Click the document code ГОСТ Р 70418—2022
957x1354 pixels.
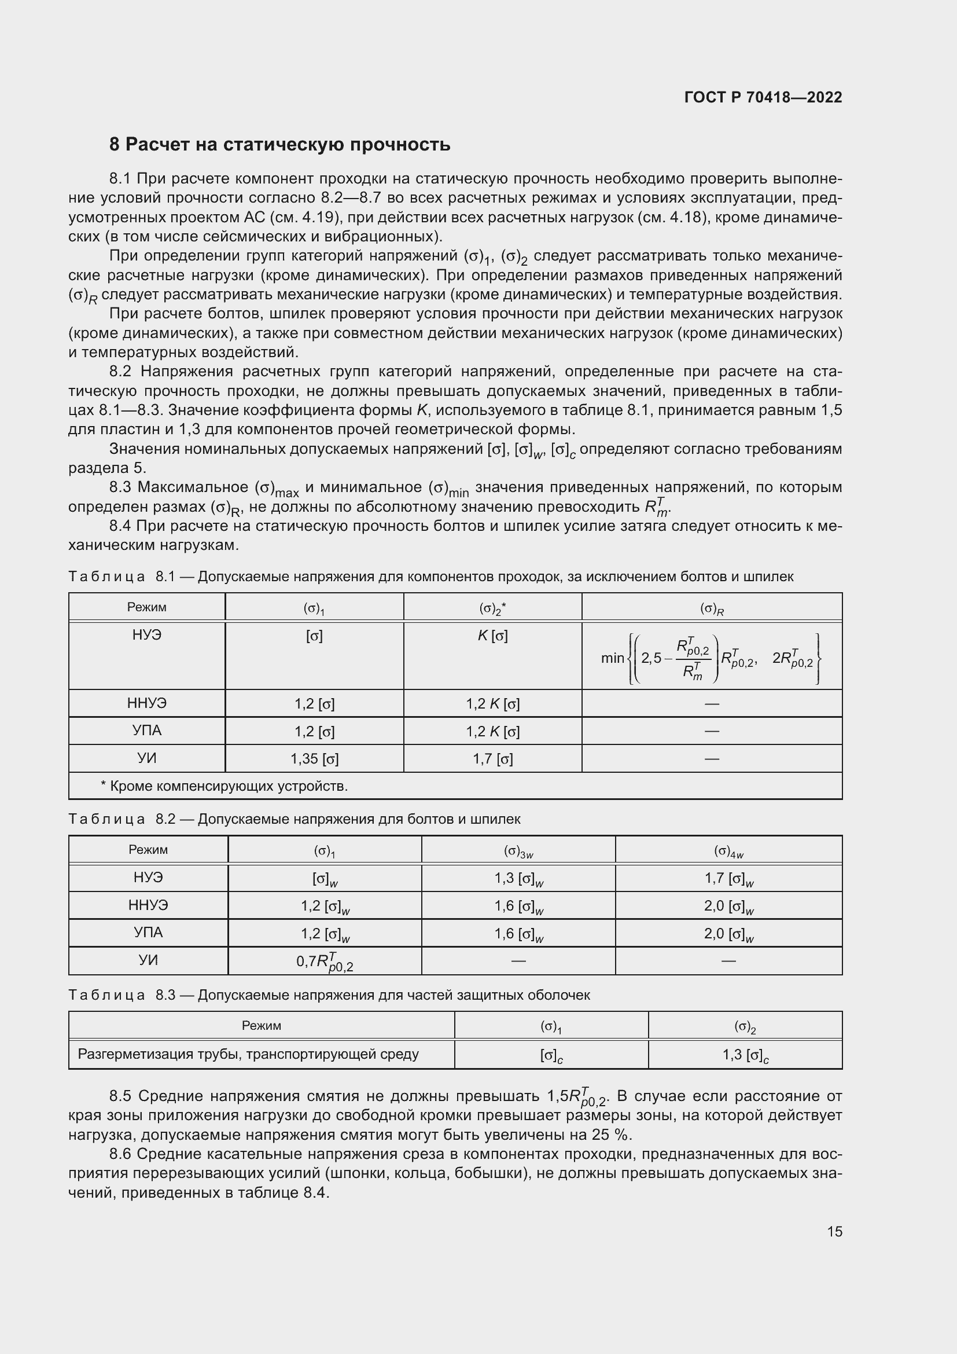763,97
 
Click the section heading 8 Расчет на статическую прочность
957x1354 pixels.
279,145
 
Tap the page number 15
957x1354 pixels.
834,1231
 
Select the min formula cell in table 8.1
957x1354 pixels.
711,658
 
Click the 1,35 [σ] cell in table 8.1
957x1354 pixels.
314,759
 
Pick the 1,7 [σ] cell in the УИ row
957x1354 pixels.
492,759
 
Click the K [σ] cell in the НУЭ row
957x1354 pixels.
492,636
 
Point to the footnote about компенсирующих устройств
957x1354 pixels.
224,786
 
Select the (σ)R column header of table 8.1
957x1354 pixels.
711,608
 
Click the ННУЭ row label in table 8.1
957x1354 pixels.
147,703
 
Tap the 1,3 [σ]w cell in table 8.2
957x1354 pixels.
518,879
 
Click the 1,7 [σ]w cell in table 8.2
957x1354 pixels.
728,879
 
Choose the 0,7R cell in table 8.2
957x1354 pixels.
324,962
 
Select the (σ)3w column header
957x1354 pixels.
518,851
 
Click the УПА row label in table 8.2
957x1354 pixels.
148,933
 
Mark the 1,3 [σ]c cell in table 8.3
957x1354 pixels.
745,1055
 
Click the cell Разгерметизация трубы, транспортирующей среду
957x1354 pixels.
248,1054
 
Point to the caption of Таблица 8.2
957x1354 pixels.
294,819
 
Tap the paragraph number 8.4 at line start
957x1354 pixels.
122,526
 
